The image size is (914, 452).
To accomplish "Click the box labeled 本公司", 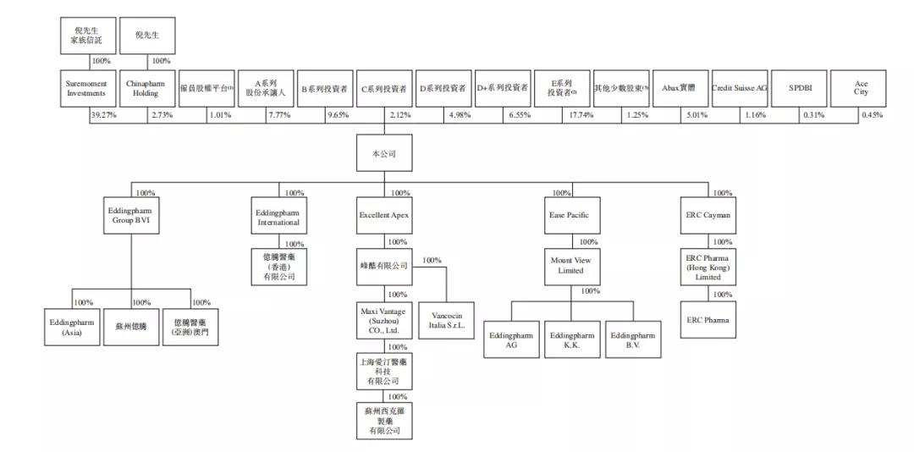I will (x=383, y=155).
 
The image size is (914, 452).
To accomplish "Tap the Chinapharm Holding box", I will (x=146, y=89).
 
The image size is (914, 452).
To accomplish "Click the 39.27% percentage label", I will (x=103, y=115).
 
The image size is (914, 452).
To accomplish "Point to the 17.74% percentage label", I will (x=578, y=115).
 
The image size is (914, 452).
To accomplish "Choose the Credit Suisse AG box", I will (x=739, y=89).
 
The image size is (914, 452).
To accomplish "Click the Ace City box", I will (x=861, y=89).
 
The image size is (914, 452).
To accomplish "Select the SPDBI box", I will (x=800, y=89).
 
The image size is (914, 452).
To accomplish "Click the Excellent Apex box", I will (x=383, y=216).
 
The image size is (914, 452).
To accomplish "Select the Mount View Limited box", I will (x=570, y=266).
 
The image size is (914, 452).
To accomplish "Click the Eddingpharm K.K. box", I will (x=571, y=340).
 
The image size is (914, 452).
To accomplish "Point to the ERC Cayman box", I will (x=707, y=216).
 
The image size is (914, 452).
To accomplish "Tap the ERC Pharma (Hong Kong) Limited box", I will (x=707, y=267).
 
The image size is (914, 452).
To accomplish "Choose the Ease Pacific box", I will (x=569, y=216).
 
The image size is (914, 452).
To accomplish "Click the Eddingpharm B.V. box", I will (x=632, y=340).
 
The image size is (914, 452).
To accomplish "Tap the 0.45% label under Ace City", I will (x=872, y=115).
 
